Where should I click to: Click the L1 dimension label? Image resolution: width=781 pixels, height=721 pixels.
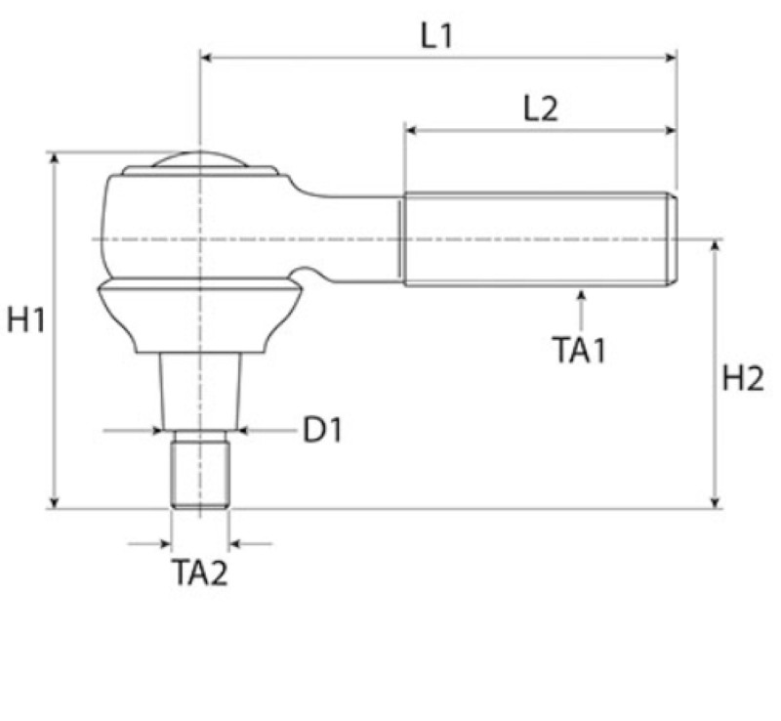click(x=436, y=36)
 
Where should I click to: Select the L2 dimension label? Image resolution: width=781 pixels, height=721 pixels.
click(x=541, y=108)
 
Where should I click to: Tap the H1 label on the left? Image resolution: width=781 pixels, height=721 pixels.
click(x=26, y=319)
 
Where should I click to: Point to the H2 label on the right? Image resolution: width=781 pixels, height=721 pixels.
click(x=743, y=378)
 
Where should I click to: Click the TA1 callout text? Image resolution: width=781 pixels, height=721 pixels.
click(x=579, y=350)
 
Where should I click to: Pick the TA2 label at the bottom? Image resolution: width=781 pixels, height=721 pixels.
click(x=200, y=572)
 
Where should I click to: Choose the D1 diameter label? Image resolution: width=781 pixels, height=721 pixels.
click(x=323, y=430)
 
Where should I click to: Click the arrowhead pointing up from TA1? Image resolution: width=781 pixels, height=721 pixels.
click(x=581, y=295)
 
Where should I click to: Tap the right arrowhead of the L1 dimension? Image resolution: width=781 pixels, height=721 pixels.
click(x=671, y=58)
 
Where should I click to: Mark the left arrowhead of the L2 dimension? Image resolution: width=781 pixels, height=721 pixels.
click(x=411, y=131)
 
